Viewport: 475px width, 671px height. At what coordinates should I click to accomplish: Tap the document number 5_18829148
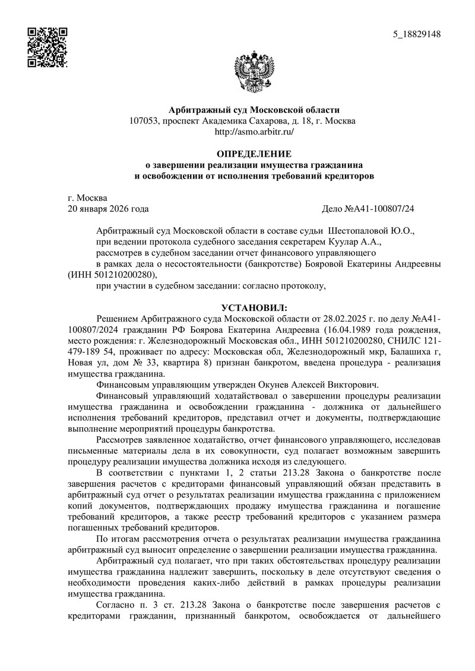point(417,34)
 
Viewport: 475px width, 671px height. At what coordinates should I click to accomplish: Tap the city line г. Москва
point(88,198)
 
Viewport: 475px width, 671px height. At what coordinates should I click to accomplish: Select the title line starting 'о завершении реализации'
point(254,164)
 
